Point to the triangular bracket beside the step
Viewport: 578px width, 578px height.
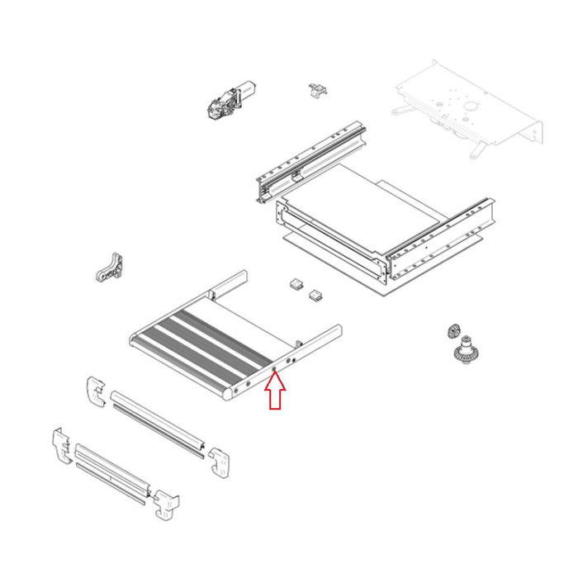tap(112, 269)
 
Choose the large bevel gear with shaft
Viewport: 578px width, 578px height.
tap(468, 351)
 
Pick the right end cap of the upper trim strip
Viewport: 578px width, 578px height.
tap(220, 460)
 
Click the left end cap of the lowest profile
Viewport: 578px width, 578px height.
tap(63, 447)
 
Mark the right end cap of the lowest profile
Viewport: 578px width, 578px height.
tap(166, 503)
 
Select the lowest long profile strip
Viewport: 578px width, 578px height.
tap(111, 476)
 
